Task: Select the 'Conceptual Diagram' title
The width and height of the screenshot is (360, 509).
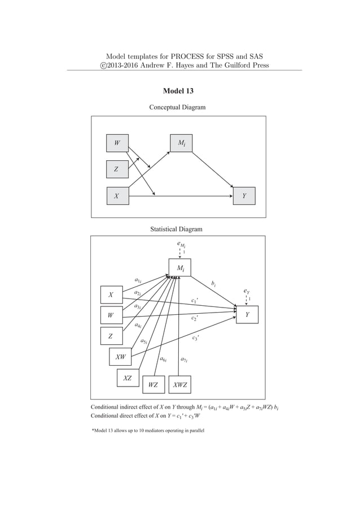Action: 177,107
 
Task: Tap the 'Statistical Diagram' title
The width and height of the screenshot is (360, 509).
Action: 176,229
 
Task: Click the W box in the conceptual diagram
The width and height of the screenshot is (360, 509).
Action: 117,143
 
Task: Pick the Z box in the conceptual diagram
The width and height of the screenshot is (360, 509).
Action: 117,169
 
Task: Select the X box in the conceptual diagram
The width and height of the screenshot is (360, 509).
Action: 117,196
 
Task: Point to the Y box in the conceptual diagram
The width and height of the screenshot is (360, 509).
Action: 244,196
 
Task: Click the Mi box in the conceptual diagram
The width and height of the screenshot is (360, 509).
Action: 181,143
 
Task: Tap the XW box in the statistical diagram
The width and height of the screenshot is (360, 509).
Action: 120,357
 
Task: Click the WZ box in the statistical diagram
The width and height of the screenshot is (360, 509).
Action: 153,385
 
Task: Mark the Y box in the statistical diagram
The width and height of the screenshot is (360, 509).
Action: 247,315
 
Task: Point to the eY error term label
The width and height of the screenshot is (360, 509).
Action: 247,291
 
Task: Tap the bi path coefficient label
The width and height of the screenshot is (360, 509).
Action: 213,283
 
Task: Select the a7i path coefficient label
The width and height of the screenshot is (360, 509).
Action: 184,359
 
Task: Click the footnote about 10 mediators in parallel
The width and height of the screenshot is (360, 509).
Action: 148,431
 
